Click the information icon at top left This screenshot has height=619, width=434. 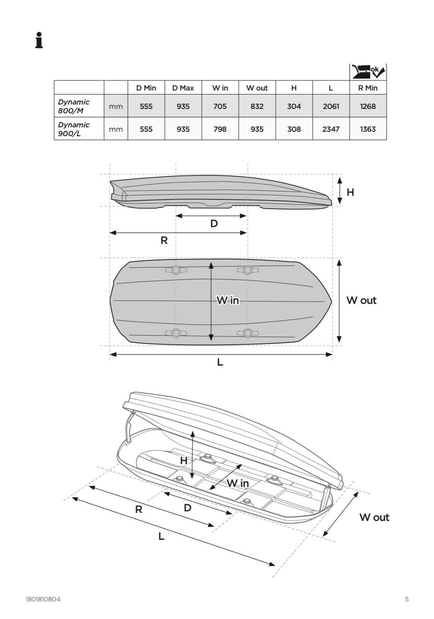[x=39, y=40]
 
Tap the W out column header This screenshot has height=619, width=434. [x=257, y=88]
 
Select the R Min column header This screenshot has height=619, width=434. [x=368, y=88]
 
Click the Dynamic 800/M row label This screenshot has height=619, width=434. [x=74, y=106]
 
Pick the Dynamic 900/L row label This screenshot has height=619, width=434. [x=74, y=129]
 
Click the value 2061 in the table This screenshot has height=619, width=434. [x=331, y=106]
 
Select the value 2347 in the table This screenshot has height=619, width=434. [x=331, y=129]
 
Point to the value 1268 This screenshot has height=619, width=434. [x=368, y=106]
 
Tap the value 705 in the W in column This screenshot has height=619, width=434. [x=220, y=106]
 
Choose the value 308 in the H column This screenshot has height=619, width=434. [x=294, y=129]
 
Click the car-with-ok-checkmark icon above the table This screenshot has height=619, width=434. [x=368, y=71]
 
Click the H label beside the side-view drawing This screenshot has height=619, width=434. [x=350, y=192]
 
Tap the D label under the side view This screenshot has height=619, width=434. [x=214, y=223]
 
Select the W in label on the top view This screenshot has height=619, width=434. [x=228, y=300]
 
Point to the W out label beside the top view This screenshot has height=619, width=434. [x=361, y=300]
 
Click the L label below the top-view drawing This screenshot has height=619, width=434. [x=220, y=362]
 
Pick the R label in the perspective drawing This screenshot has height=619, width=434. [x=139, y=509]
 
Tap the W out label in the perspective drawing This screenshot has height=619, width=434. [x=374, y=517]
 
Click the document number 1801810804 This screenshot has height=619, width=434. [x=43, y=599]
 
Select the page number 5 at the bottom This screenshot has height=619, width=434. [x=407, y=599]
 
